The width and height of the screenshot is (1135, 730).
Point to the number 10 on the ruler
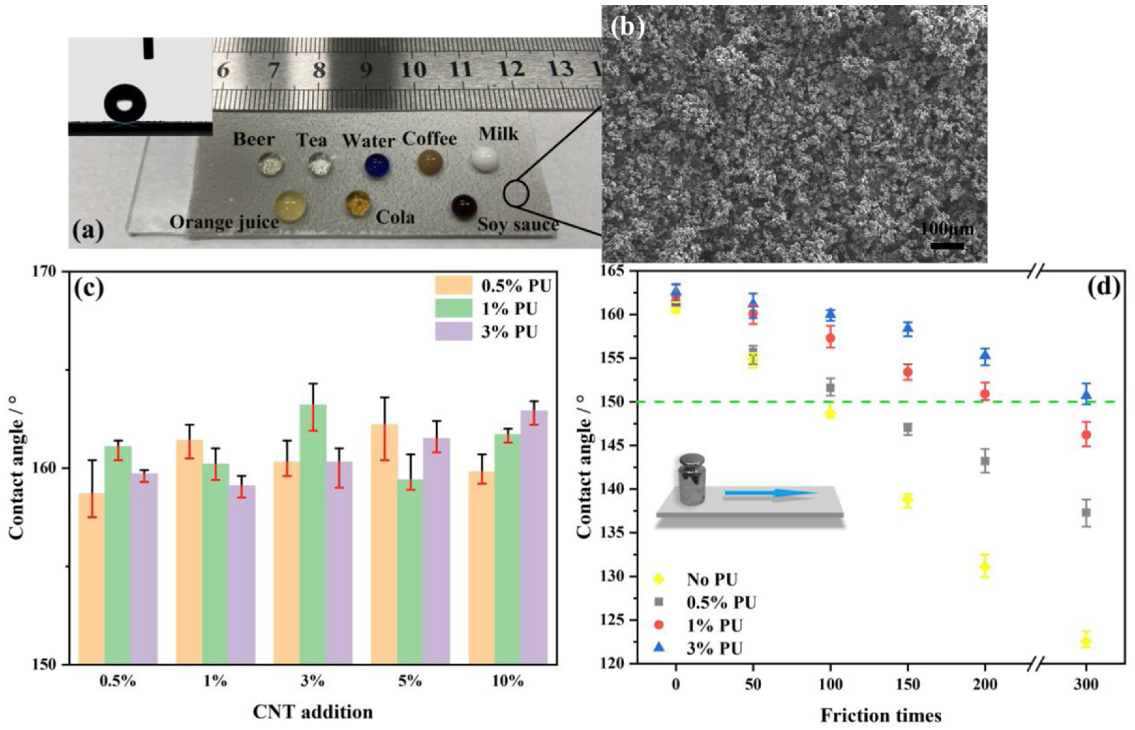[x=413, y=69]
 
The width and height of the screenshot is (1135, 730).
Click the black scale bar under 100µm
[x=947, y=246]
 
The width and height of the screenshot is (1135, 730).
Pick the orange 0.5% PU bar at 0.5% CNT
[x=91, y=578]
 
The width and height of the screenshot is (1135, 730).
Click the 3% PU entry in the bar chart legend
[x=493, y=331]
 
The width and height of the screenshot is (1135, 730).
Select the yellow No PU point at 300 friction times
[x=1086, y=641]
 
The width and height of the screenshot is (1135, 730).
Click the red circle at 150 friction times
[x=908, y=372]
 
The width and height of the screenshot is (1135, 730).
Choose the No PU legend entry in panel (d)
[x=697, y=579]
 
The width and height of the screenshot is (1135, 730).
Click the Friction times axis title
[x=881, y=715]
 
